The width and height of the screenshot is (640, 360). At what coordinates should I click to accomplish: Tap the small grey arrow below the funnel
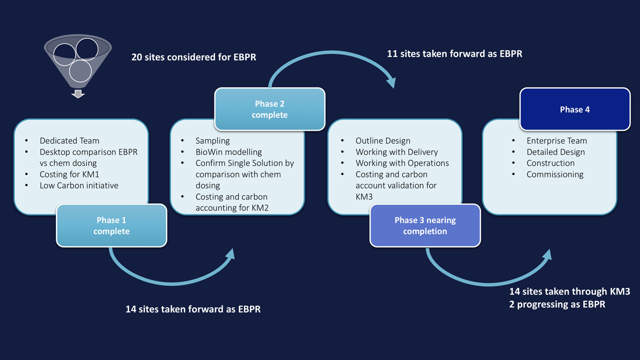point(78,94)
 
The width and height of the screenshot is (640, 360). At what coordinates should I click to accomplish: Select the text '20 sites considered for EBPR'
point(194,57)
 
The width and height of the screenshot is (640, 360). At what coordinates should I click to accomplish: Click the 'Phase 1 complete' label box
point(111,226)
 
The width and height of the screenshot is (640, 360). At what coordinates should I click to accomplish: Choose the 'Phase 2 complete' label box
point(269,109)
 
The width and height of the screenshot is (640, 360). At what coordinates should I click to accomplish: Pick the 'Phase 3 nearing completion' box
point(425,226)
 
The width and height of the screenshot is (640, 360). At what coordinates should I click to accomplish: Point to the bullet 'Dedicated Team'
point(69,141)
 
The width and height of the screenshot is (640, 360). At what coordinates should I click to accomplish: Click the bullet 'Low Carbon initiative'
point(79,186)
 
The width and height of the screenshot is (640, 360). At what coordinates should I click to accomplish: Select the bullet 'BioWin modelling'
point(228,152)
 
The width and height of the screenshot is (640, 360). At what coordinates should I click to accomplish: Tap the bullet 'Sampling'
point(212,141)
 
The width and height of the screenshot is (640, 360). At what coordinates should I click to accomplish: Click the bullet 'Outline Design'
point(383,141)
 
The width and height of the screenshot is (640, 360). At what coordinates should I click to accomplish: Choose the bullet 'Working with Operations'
point(402,163)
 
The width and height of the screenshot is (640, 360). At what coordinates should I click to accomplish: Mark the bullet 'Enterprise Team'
point(556,141)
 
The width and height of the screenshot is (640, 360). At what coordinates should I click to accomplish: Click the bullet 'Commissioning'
point(555,174)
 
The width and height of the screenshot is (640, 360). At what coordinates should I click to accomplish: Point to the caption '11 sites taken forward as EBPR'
point(454,54)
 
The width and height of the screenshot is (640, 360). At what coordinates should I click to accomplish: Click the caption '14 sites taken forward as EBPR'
point(193,309)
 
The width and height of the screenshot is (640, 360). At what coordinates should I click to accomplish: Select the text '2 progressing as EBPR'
point(557,305)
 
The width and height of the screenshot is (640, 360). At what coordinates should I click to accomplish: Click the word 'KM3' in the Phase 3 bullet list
point(364,197)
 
